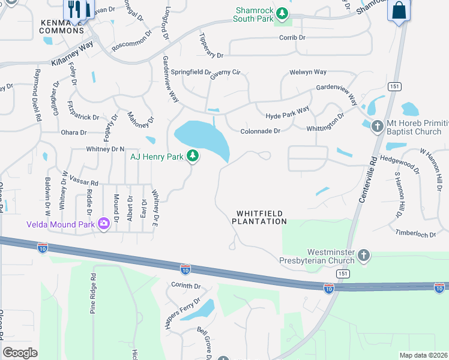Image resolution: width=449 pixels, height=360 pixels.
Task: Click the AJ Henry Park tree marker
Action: pos(192,157)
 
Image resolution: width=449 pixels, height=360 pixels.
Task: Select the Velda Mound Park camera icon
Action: pos(103,224)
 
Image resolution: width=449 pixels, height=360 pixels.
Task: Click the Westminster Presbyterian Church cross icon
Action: pos(363,256)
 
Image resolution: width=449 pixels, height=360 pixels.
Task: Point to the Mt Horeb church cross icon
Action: pos(377,127)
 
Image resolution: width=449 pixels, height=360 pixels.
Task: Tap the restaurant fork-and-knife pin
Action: pos(76,9)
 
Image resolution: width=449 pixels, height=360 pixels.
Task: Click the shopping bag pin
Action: pos(399,10)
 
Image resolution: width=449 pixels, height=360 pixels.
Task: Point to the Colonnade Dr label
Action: pos(260,131)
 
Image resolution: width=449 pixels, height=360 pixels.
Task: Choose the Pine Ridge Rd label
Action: pos(93,294)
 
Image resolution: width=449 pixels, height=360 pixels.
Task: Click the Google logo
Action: pos(20,353)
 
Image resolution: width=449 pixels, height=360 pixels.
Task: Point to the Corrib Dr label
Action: pos(292,38)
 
